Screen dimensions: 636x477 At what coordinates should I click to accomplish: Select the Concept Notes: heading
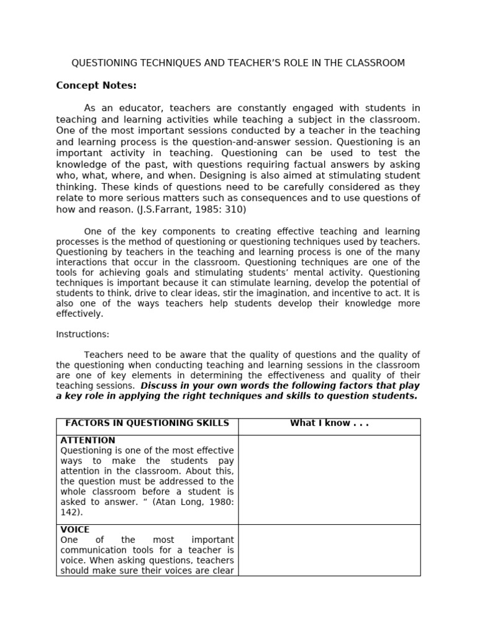(96, 85)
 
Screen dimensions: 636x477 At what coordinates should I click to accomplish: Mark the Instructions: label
(83, 334)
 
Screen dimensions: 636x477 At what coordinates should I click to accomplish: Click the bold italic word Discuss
(161, 386)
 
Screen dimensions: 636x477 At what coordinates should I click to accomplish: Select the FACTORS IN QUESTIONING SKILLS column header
(147, 424)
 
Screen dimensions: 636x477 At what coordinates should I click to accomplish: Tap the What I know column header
(329, 424)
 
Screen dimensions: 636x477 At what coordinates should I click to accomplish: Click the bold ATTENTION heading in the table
(88, 440)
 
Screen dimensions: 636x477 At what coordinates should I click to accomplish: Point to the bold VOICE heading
(75, 530)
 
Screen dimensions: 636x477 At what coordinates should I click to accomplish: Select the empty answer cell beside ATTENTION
(329, 479)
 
